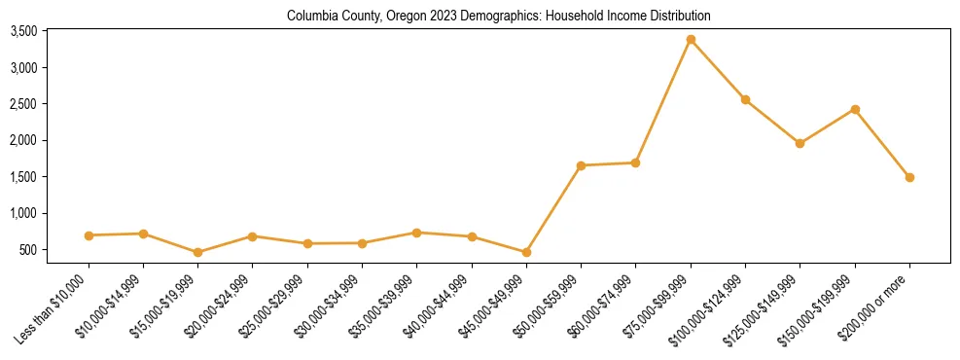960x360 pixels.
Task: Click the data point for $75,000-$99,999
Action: [691, 40]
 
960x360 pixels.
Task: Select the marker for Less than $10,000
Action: [89, 235]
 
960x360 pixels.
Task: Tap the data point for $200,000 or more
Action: [909, 177]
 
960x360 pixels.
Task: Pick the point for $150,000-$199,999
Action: [855, 109]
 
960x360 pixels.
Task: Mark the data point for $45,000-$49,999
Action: [526, 252]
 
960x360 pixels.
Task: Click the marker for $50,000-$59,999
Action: [581, 165]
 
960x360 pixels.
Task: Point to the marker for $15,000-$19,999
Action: [198, 252]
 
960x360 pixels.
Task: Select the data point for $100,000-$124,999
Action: [745, 99]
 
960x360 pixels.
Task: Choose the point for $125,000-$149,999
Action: [800, 143]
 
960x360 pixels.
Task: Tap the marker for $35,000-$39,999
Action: [417, 233]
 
